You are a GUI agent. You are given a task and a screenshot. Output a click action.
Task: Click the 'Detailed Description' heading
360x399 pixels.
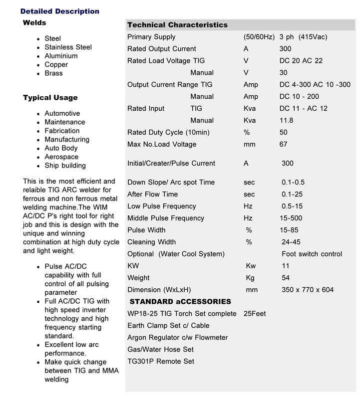coord(60,11)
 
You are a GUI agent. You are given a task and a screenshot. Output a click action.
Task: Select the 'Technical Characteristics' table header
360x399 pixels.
coord(177,25)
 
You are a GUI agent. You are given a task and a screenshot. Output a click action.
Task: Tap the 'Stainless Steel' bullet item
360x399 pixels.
coord(68,47)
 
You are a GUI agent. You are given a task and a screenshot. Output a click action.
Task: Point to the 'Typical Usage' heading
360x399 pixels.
coord(50,98)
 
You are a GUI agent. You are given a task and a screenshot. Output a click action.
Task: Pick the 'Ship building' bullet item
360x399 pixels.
coord(65,166)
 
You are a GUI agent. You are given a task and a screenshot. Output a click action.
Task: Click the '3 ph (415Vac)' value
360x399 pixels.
coord(303,37)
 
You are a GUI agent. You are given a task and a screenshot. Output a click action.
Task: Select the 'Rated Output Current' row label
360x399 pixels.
coord(161,49)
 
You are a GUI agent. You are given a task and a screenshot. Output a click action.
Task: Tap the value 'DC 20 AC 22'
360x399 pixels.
coord(301,61)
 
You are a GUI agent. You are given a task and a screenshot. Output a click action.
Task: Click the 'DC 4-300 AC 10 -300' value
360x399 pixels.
coord(315,85)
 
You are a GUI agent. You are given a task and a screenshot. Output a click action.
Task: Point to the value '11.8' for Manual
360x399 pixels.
coord(286,121)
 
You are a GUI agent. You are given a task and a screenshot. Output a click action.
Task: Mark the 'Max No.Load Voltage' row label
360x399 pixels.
coord(162,145)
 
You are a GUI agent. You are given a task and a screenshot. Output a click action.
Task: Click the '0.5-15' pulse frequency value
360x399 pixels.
coord(292,206)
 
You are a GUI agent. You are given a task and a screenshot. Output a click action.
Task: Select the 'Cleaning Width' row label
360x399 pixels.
coord(151,242)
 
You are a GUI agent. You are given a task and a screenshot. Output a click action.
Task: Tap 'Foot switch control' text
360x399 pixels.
coord(312,254)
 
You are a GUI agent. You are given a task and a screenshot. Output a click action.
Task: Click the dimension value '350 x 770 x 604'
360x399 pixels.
coord(308,290)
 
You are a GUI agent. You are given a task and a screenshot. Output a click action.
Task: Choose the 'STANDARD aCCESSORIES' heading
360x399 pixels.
coord(180,302)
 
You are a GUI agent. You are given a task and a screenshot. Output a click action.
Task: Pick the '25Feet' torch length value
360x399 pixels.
coord(255,314)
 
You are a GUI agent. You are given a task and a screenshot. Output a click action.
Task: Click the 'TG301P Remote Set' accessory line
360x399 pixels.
coord(161,362)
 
